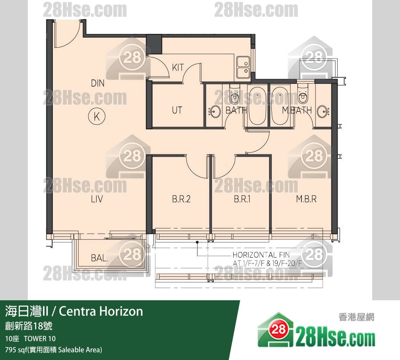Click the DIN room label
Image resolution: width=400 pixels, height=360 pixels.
click(x=98, y=83)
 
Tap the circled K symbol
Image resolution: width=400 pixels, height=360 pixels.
click(x=97, y=116)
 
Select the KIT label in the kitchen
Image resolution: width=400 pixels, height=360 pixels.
click(x=178, y=68)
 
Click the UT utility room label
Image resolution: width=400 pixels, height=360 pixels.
click(x=177, y=110)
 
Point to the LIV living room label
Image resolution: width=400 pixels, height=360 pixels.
click(x=97, y=199)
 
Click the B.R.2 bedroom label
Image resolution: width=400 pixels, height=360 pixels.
click(x=181, y=199)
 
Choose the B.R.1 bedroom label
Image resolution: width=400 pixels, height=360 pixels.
click(x=242, y=199)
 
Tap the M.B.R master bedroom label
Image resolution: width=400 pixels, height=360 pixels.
click(x=306, y=199)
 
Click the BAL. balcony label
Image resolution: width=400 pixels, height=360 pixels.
click(x=99, y=258)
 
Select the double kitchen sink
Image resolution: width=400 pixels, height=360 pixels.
click(x=243, y=67)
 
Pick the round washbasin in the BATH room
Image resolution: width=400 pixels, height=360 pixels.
click(x=215, y=112)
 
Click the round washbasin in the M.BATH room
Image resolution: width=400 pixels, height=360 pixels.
click(x=323, y=112)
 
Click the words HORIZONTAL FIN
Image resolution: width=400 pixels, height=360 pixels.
click(x=261, y=255)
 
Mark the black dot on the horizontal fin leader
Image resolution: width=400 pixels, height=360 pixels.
click(x=197, y=242)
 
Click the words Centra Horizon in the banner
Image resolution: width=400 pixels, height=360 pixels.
click(x=101, y=311)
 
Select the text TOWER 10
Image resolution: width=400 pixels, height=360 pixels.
click(x=40, y=339)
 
